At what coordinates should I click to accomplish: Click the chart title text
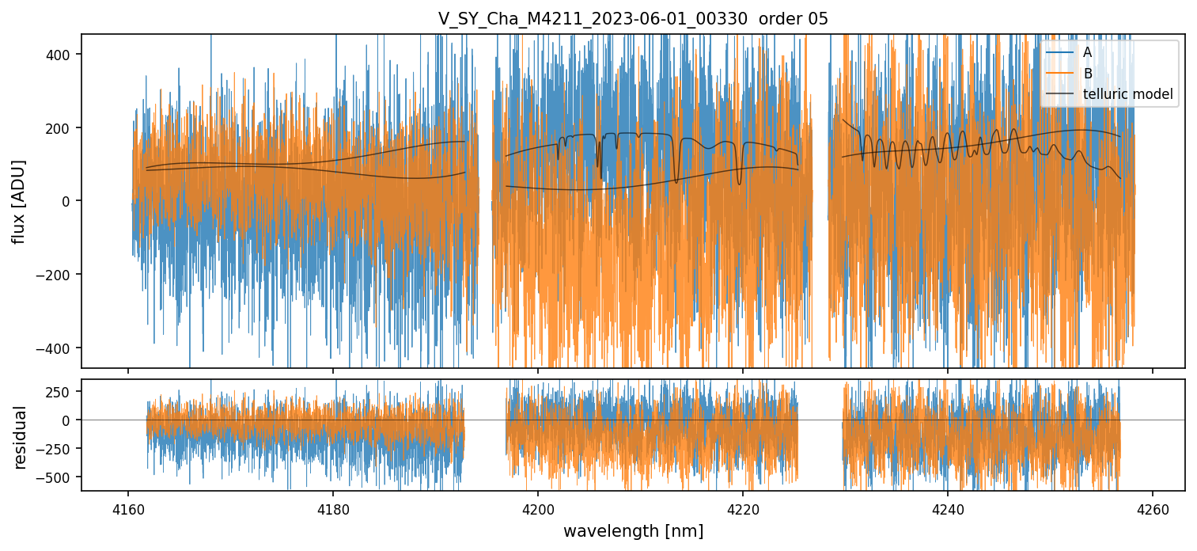pyautogui.click(x=633, y=19)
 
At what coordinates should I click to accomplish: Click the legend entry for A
pyautogui.click(x=1088, y=52)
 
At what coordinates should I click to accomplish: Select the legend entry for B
pyautogui.click(x=1088, y=74)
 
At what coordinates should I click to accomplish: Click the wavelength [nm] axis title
pyautogui.click(x=633, y=530)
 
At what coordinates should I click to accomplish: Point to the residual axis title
pyautogui.click(x=21, y=437)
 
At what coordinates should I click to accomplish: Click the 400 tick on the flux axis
pyautogui.click(x=63, y=54)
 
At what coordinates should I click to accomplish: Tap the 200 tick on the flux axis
pyautogui.click(x=63, y=127)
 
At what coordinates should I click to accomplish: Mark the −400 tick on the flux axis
pyautogui.click(x=59, y=348)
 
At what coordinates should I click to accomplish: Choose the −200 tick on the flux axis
pyautogui.click(x=59, y=275)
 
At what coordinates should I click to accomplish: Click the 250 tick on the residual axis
pyautogui.click(x=63, y=391)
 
